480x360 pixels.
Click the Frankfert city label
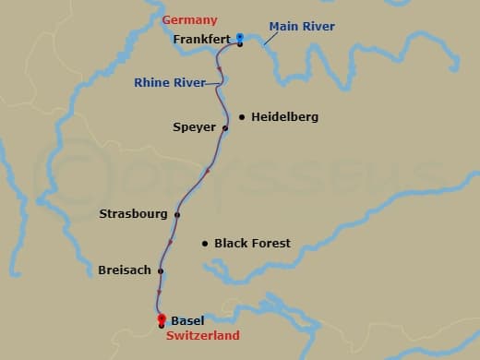[201, 40]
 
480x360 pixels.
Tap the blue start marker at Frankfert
[240, 38]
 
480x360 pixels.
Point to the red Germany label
[189, 19]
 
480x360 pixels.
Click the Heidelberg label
[284, 117]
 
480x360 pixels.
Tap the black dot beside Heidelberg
[242, 117]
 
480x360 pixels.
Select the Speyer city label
[194, 127]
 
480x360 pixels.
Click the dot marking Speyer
[225, 127]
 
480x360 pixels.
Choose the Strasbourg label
[133, 214]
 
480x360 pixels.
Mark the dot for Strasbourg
[176, 214]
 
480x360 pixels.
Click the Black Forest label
[252, 244]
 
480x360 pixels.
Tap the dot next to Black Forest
[205, 244]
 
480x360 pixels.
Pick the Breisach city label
[124, 270]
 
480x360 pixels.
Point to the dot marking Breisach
[161, 270]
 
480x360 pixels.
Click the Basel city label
[187, 321]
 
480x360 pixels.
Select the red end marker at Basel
[162, 319]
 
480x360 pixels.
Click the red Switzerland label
[202, 336]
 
